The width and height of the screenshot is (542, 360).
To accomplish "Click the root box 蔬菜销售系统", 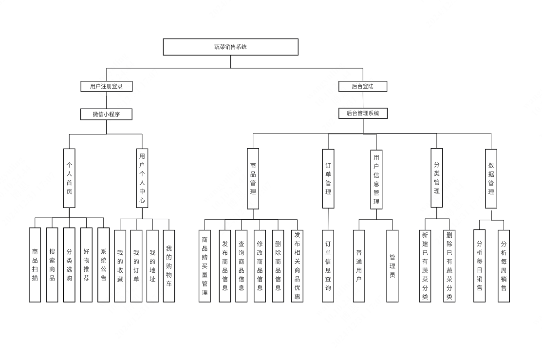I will (x=230, y=47).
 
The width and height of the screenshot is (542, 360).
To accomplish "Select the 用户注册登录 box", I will (x=106, y=86).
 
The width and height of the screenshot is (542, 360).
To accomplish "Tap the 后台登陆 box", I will (x=363, y=86).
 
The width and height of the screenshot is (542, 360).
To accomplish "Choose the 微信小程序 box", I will (x=106, y=114).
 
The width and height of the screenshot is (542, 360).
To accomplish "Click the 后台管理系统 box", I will (x=363, y=113).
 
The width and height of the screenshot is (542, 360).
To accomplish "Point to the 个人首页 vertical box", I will (x=69, y=178).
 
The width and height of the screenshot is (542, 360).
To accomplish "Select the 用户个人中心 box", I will (x=142, y=178).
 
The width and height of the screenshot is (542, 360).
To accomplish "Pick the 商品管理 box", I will (x=253, y=178).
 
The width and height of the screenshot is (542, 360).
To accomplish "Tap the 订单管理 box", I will (x=328, y=178).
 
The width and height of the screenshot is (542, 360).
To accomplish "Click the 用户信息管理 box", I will (x=376, y=179).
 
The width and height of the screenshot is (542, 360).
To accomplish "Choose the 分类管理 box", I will (x=437, y=178).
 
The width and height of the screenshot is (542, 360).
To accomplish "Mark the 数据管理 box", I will (x=491, y=179).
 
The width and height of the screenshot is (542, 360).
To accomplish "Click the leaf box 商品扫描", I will (x=35, y=265).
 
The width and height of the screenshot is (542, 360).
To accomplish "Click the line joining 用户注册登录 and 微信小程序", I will (x=106, y=100).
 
